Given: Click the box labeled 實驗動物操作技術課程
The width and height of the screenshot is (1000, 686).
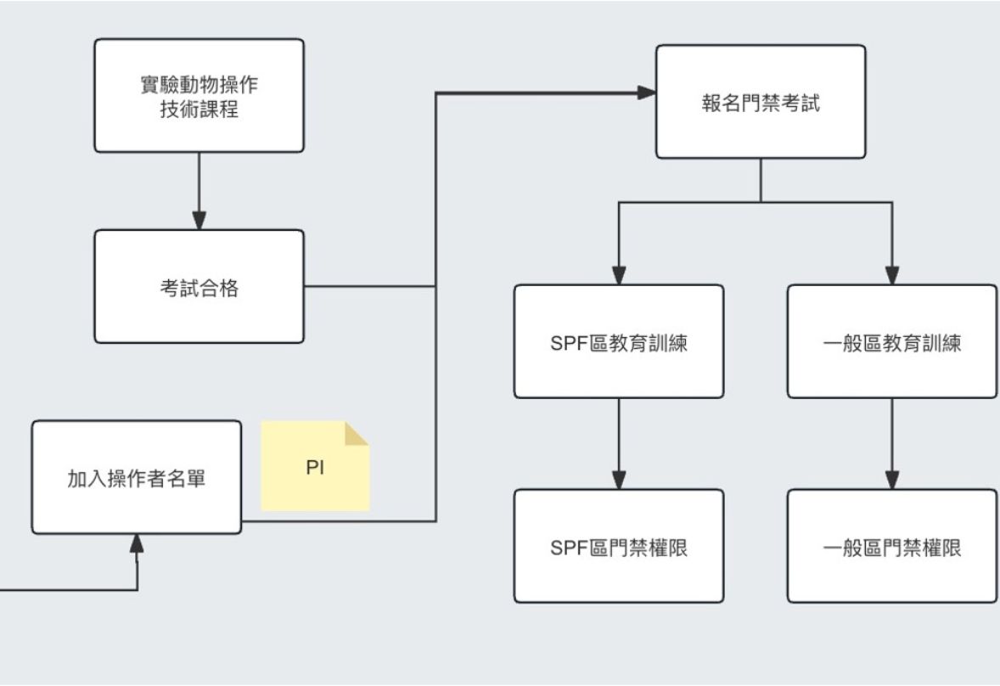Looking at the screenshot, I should (x=199, y=96).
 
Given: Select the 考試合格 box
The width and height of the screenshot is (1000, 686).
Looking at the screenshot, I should (x=199, y=287).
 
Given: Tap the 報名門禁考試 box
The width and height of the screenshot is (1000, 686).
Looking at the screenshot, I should (x=761, y=102).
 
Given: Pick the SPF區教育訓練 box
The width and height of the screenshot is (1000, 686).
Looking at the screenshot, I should (x=619, y=341).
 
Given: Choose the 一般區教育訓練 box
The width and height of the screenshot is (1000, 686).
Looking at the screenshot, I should (x=892, y=341).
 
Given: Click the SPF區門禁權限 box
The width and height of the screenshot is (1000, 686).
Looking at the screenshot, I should (x=619, y=546).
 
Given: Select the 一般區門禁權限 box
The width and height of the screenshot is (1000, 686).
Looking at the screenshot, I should (x=892, y=546).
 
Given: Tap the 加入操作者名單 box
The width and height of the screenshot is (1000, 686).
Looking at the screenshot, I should (x=137, y=476).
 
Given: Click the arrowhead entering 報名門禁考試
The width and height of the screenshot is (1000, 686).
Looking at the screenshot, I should (x=647, y=92).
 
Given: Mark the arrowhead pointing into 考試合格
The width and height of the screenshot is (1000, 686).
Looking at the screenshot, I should (x=199, y=221).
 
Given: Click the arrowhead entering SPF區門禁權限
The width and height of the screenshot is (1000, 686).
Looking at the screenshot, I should (x=619, y=481).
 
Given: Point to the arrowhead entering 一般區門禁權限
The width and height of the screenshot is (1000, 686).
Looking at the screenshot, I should (x=892, y=481).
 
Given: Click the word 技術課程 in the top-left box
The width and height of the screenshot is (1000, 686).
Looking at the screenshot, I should (x=199, y=110).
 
